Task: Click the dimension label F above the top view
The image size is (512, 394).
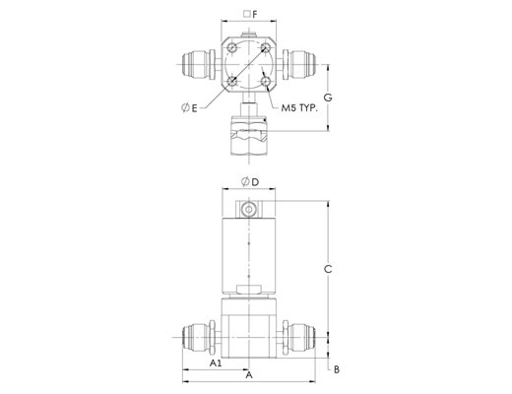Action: coord(255,14)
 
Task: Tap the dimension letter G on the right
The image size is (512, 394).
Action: coord(328,98)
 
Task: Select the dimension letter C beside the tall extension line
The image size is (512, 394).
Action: coord(328,269)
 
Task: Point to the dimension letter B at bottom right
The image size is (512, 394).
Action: coord(337,369)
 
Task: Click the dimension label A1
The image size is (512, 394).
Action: coord(216,363)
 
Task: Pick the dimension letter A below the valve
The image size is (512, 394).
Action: coord(249,375)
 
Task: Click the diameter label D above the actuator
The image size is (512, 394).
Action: coord(250,181)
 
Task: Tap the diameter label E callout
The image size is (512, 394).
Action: coord(189,107)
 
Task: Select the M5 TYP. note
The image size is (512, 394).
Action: coord(299,107)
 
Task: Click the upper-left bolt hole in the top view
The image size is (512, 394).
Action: coord(232,48)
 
